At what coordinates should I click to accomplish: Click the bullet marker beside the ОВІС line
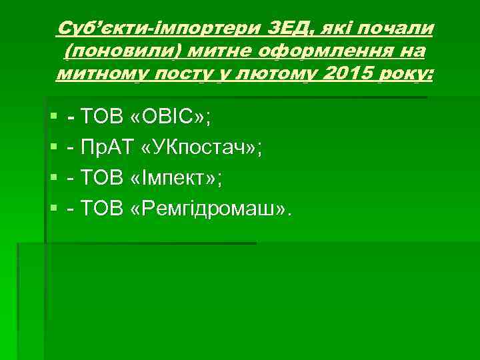coord(53,119)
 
